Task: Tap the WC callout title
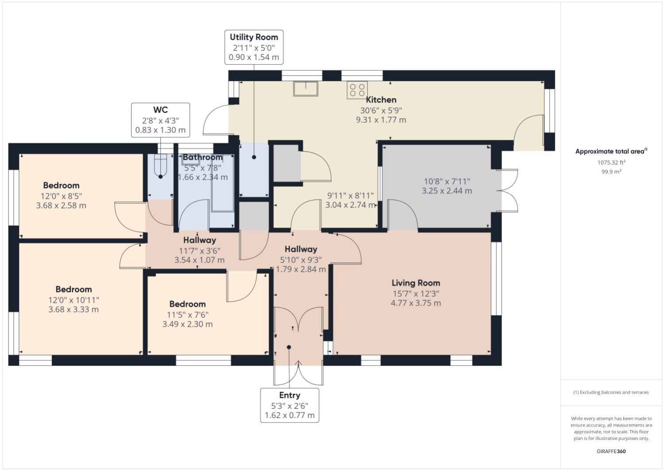tap(160, 110)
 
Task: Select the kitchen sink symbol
tap(305, 89)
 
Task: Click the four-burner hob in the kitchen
tap(357, 90)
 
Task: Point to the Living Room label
tap(416, 283)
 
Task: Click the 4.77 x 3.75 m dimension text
tap(416, 303)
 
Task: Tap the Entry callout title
tap(290, 395)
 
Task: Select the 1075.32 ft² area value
tap(611, 162)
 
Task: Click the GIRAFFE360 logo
tap(611, 451)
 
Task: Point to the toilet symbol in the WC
tap(160, 166)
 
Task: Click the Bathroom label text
tap(202, 157)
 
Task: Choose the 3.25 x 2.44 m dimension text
tap(447, 190)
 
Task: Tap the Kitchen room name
tap(381, 100)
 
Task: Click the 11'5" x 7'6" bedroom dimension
tap(187, 315)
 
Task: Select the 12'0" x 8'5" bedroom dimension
tap(62, 196)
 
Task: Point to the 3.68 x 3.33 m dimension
tap(73, 309)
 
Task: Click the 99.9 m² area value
tap(611, 171)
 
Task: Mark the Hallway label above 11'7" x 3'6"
tap(200, 240)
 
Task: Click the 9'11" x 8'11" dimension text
tap(351, 195)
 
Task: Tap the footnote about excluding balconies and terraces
tap(611, 392)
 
